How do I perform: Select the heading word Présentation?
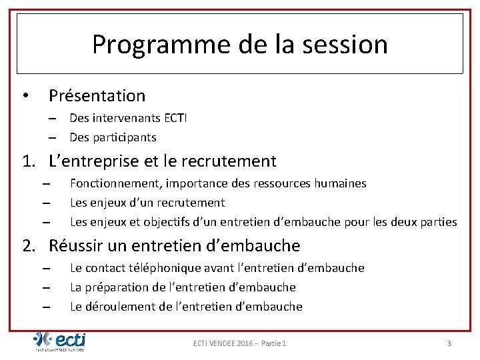click(x=97, y=96)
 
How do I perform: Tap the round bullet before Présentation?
click(x=25, y=96)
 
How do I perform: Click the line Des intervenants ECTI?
click(x=128, y=118)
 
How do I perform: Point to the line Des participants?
click(x=113, y=137)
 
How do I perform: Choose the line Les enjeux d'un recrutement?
click(x=147, y=203)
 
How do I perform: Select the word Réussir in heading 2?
click(x=75, y=246)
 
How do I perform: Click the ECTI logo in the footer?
click(x=60, y=341)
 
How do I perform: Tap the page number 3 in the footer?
click(x=449, y=343)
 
